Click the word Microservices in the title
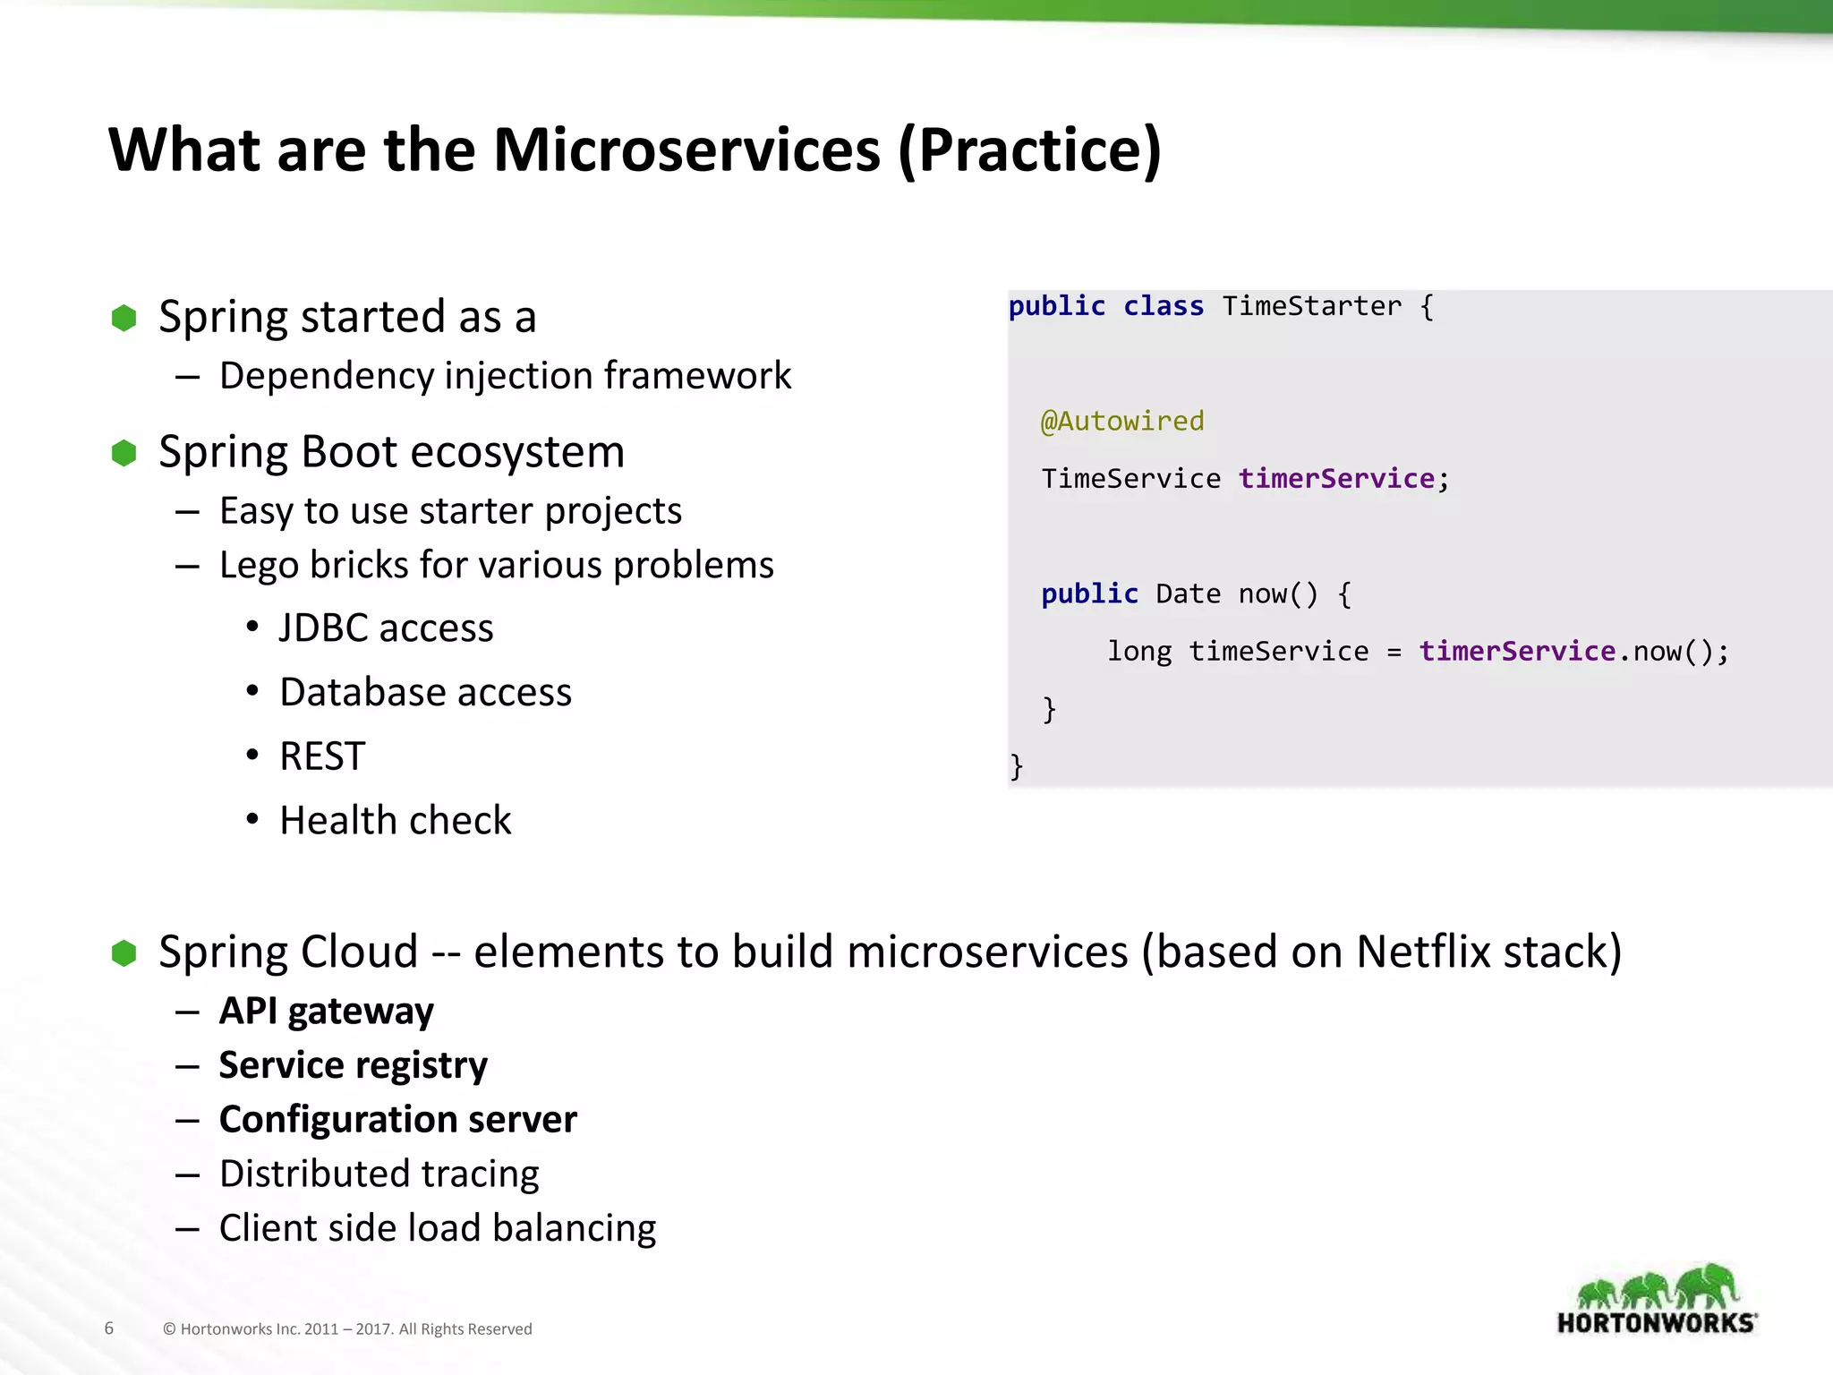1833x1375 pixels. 686,149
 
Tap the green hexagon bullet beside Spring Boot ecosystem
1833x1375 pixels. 124,453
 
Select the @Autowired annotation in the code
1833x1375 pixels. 1122,421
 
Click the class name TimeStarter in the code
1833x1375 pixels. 1311,306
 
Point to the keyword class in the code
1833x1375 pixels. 1163,306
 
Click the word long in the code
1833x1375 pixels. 1139,651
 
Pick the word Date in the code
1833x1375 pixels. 1188,594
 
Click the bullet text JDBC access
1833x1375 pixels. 386,628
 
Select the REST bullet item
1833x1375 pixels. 322,756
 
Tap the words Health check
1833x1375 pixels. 395,821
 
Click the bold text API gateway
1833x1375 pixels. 326,1011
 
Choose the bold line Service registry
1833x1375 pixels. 353,1065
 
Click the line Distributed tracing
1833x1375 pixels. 379,1174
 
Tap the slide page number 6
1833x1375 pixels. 109,1328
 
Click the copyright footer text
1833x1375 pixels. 347,1329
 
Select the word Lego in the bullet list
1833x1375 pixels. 259,566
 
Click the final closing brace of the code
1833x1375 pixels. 1016,766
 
